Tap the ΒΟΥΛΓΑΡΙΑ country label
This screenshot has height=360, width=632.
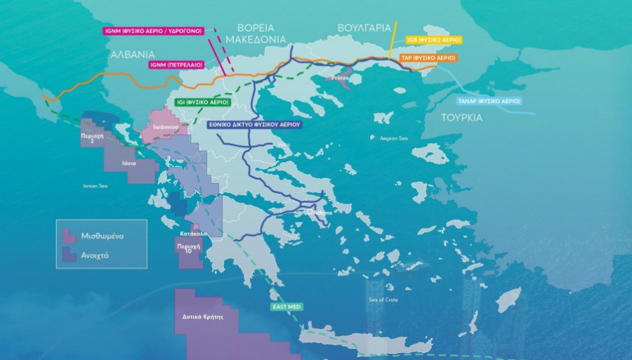point(364,27)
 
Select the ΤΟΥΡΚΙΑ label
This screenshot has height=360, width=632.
point(461,117)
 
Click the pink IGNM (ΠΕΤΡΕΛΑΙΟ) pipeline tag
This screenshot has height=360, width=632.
point(176,65)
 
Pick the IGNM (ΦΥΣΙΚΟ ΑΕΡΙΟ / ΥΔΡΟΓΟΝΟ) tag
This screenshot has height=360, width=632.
point(152,31)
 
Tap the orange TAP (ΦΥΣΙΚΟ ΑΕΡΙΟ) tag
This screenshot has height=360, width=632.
point(428,58)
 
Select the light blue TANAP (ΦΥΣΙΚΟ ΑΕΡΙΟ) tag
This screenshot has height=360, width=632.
point(489,101)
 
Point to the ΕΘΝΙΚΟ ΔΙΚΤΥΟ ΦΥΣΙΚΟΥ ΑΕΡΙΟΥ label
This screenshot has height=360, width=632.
point(255,124)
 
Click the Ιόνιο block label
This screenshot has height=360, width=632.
point(129,163)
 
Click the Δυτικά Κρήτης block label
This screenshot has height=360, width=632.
point(203,316)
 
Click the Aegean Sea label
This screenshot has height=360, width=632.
point(393,139)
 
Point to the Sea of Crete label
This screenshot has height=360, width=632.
point(383,300)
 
